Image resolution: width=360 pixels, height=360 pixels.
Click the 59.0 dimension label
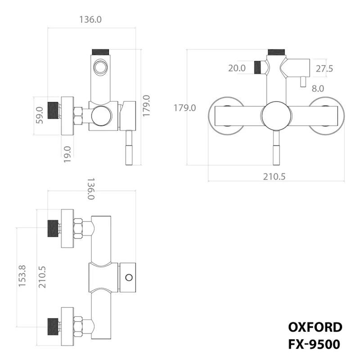click(x=40, y=115)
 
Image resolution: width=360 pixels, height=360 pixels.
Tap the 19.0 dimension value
click(x=68, y=154)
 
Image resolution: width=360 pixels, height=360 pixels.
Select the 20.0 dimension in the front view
click(x=237, y=68)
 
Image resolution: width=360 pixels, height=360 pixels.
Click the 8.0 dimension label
click(x=318, y=89)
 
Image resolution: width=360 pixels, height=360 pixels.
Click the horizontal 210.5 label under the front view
click(x=274, y=176)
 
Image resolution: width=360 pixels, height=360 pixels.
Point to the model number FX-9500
click(x=315, y=344)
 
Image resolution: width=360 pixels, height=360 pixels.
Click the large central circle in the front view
click(x=275, y=116)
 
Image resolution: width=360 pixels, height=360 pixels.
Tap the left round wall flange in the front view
click(x=223, y=116)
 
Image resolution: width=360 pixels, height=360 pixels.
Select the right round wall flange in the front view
click(x=326, y=116)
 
